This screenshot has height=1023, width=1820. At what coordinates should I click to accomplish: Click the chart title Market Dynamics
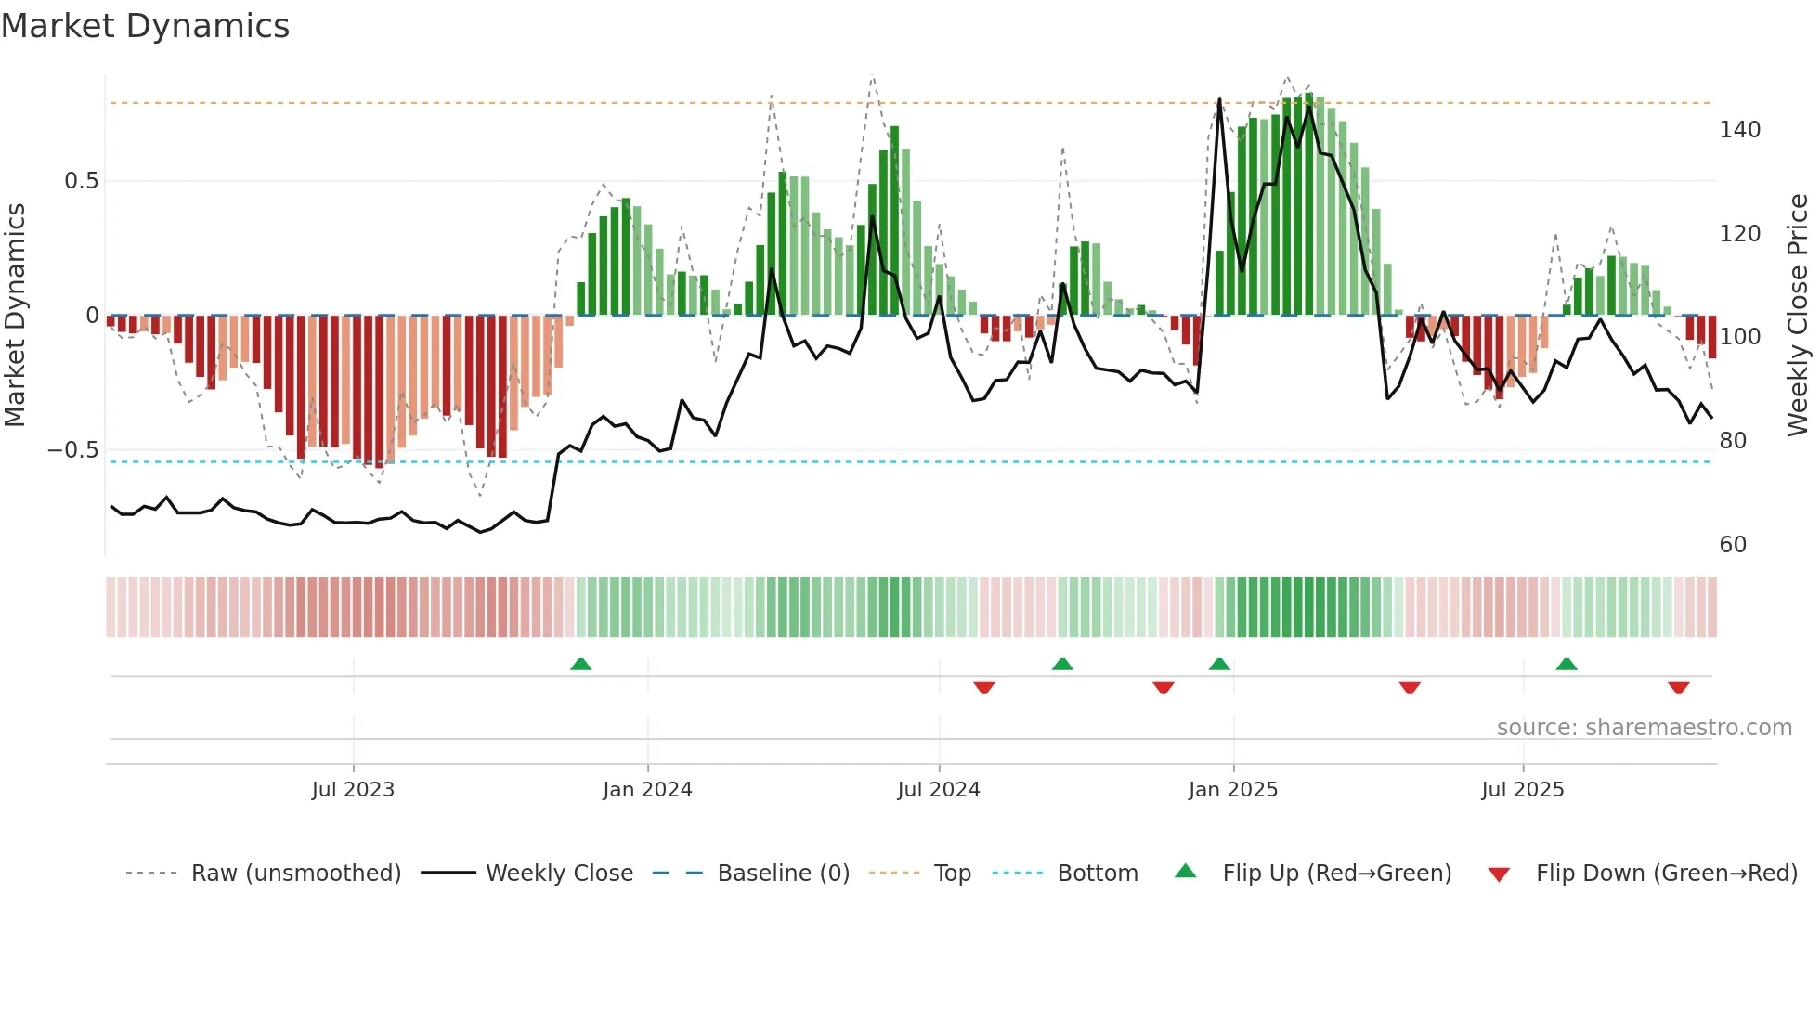pyautogui.click(x=146, y=26)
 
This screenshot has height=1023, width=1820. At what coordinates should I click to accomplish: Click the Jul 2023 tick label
pyautogui.click(x=353, y=790)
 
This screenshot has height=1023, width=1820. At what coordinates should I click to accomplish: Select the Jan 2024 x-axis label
pyautogui.click(x=647, y=790)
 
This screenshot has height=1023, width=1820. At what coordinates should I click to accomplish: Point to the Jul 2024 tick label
pyautogui.click(x=939, y=790)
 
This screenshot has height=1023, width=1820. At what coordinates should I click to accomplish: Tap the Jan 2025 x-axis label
pyautogui.click(x=1233, y=790)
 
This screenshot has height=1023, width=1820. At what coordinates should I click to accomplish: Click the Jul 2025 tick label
pyautogui.click(x=1523, y=790)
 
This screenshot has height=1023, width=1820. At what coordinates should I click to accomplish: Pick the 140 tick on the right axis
pyautogui.click(x=1739, y=130)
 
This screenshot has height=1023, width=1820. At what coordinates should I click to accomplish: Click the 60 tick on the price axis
pyautogui.click(x=1733, y=545)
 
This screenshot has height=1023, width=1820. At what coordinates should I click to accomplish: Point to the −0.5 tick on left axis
pyautogui.click(x=73, y=450)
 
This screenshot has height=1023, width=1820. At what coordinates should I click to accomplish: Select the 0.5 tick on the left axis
pyautogui.click(x=81, y=181)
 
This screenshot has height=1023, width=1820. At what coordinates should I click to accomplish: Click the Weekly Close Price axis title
pyautogui.click(x=1798, y=316)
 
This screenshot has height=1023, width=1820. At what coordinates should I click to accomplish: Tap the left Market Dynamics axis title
pyautogui.click(x=15, y=316)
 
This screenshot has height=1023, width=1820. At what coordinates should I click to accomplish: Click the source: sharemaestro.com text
pyautogui.click(x=1644, y=728)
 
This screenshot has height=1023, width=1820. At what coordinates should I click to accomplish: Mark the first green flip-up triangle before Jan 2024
pyautogui.click(x=580, y=664)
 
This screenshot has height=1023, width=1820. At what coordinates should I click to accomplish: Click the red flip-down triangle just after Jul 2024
pyautogui.click(x=984, y=688)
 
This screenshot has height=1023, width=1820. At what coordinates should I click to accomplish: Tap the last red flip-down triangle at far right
pyautogui.click(x=1678, y=688)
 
